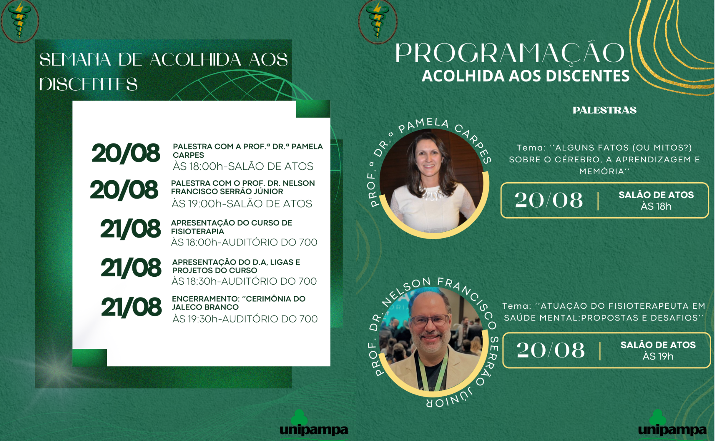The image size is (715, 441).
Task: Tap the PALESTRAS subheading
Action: [604, 110]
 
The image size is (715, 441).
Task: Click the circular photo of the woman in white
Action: [432, 181]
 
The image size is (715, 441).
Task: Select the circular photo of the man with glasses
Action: [432, 339]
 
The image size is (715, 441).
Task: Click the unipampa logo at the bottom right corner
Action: [672, 424]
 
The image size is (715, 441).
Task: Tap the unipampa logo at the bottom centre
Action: [314, 424]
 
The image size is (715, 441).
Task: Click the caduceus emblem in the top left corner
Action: [19, 21]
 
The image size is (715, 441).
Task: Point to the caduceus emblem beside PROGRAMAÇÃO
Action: [377, 21]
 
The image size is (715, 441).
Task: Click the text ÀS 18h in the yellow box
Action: [656, 206]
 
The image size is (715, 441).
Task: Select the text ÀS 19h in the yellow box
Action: [658, 356]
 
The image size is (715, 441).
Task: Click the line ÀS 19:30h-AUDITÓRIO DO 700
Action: [245, 319]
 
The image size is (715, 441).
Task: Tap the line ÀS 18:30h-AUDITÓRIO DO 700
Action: [244, 281]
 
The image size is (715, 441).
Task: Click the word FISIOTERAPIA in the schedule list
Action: [197, 231]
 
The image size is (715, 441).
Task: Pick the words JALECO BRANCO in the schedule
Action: [205, 307]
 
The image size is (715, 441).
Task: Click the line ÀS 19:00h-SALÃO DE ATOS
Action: [242, 204]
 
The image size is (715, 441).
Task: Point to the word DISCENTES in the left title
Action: [88, 84]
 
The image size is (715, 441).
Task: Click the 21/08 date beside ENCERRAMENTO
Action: [131, 307]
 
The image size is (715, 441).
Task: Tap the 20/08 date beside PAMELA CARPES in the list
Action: [126, 153]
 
